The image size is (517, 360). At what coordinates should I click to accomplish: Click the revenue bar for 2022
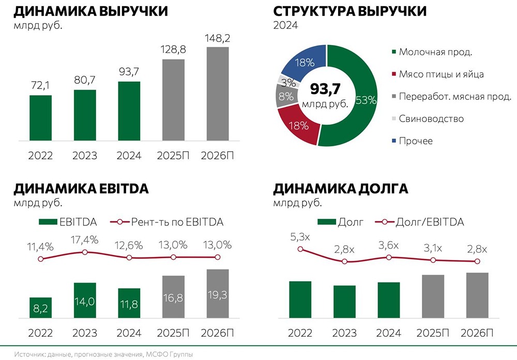pyautogui.click(x=40, y=117)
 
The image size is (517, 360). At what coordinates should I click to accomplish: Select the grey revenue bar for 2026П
pyautogui.click(x=218, y=93)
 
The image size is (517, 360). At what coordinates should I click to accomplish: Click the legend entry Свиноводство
pyautogui.click(x=431, y=118)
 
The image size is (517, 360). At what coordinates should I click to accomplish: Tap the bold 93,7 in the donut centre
pyautogui.click(x=326, y=89)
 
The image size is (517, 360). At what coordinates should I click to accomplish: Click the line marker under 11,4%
pyautogui.click(x=41, y=258)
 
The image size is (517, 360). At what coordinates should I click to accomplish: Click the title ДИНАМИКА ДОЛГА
pyautogui.click(x=341, y=189)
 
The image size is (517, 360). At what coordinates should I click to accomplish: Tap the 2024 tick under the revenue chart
pyautogui.click(x=129, y=155)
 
